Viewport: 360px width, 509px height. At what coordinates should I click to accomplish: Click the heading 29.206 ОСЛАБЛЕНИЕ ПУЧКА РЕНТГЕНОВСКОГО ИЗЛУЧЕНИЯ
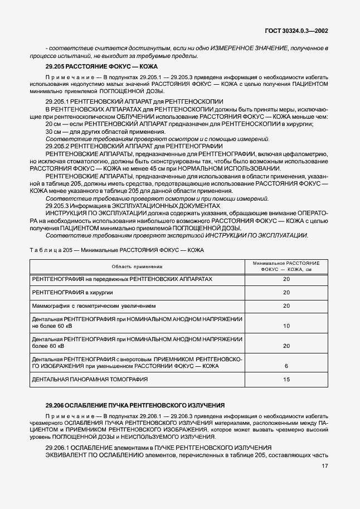click(x=135, y=405)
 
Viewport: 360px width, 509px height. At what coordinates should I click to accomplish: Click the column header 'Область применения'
click(x=137, y=266)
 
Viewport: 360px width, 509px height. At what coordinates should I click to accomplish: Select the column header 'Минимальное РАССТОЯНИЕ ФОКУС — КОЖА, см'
click(x=286, y=266)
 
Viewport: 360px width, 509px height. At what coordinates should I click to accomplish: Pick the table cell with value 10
click(x=286, y=326)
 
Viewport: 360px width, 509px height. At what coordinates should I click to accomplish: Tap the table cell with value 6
click(x=286, y=366)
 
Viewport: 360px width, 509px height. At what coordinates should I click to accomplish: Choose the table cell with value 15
click(x=286, y=380)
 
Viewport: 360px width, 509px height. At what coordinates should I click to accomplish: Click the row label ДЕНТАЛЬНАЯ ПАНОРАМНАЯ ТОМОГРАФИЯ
click(x=90, y=380)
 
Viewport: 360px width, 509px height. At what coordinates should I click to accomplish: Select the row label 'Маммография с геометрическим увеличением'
click(x=94, y=306)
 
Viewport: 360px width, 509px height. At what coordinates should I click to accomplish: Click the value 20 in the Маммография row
click(x=286, y=306)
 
